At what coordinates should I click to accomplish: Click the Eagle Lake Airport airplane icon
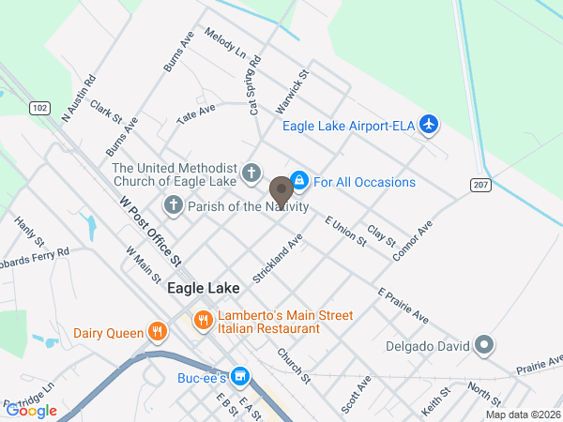(x=429, y=124)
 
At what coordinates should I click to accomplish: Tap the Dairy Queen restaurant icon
(x=157, y=331)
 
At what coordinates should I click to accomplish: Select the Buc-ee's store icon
(x=240, y=376)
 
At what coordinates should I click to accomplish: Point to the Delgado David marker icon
(x=484, y=346)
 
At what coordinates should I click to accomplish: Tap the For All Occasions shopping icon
(x=298, y=178)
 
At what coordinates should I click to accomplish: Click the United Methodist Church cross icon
(x=251, y=173)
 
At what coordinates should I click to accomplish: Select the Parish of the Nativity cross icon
(x=174, y=204)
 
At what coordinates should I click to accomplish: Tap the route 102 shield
(x=38, y=109)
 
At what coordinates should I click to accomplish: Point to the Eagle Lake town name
(x=204, y=289)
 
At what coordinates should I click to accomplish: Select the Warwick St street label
(x=298, y=86)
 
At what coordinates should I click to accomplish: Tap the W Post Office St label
(x=150, y=229)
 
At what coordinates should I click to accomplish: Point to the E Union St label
(x=344, y=231)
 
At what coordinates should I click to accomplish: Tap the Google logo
(x=32, y=410)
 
